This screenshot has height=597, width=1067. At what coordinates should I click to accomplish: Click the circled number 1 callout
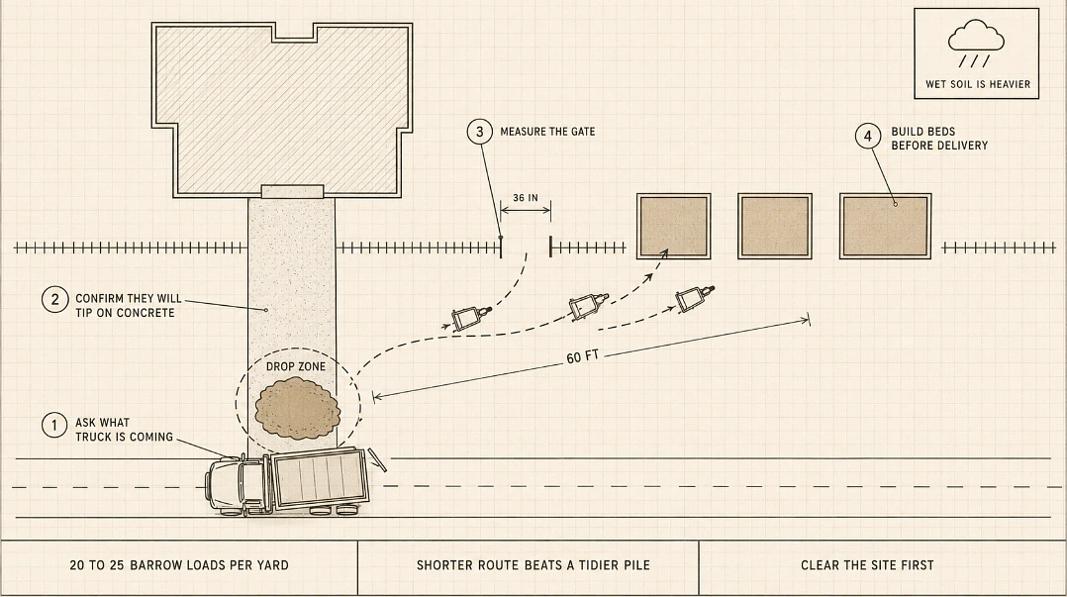[x=54, y=426]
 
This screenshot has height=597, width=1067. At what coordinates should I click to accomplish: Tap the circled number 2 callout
[x=54, y=300]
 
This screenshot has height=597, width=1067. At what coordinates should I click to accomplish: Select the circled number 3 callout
[x=480, y=132]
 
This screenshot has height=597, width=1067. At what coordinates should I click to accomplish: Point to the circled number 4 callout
[x=868, y=137]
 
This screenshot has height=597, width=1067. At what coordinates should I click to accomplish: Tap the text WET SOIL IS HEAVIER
[x=978, y=84]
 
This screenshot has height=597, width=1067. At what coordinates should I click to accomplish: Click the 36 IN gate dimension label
[x=526, y=198]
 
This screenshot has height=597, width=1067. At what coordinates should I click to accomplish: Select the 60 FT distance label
[x=582, y=357]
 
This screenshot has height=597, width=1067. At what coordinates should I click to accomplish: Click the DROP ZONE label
[x=296, y=366]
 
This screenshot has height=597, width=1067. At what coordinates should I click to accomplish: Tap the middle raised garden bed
[x=775, y=226]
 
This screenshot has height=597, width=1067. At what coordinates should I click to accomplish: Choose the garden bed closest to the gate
[x=674, y=226]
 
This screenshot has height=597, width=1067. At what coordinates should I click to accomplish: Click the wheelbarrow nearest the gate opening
[x=470, y=317]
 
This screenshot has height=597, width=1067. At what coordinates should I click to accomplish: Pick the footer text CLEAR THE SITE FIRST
[x=867, y=565]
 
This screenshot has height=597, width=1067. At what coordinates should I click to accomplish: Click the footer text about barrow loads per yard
[x=179, y=565]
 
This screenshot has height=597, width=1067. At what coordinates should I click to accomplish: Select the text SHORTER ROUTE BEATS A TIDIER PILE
[x=533, y=565]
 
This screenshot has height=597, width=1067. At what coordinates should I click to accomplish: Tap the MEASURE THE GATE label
[x=547, y=132]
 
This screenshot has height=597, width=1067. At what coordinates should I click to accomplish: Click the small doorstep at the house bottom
[x=293, y=191]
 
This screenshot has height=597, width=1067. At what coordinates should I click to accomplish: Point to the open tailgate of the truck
[x=376, y=459]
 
